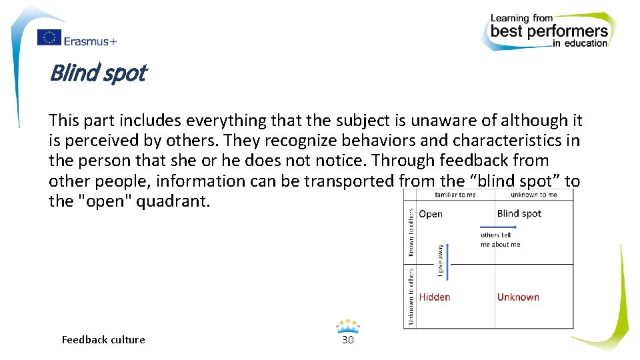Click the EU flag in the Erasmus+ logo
(49, 38)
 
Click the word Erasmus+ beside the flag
(90, 41)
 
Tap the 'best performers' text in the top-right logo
(549, 31)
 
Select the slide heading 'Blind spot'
(97, 73)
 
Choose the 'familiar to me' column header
(455, 195)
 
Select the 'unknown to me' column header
(533, 195)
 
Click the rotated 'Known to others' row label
(411, 232)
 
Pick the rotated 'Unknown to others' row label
(411, 297)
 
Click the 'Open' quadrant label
(431, 214)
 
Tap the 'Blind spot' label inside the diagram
(519, 213)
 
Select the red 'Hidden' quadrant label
(435, 297)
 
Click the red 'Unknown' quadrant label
(518, 297)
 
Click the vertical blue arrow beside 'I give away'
(448, 261)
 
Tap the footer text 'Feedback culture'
(103, 340)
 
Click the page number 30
(347, 340)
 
